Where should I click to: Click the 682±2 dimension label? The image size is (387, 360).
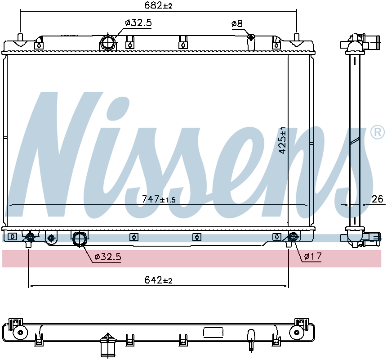(x=158, y=5)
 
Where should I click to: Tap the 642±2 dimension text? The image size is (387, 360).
(x=158, y=280)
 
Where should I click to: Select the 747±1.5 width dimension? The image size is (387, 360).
(x=159, y=199)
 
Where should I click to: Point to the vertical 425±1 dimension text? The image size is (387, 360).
(x=282, y=140)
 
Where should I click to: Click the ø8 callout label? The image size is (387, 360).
(x=237, y=24)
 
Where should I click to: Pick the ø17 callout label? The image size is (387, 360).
(x=313, y=256)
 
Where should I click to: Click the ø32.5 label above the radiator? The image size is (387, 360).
(x=138, y=23)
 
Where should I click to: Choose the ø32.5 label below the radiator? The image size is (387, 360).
(x=108, y=257)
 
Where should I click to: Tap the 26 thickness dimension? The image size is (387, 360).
(x=377, y=199)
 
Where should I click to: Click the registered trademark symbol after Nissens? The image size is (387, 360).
(x=378, y=132)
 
